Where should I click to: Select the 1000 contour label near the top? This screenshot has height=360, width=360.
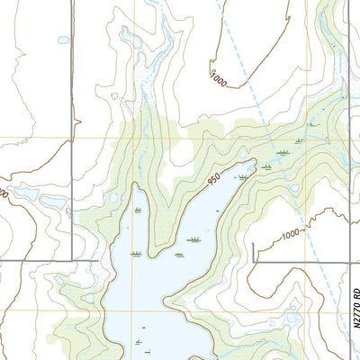coord(216,79)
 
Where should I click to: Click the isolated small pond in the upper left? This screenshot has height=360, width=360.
coord(63,40)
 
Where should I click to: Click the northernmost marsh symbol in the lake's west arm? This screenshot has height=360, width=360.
coord(137,209)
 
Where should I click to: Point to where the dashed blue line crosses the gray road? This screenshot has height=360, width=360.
coord(310,263)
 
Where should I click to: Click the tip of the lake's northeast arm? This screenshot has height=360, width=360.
coord(255,164)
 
